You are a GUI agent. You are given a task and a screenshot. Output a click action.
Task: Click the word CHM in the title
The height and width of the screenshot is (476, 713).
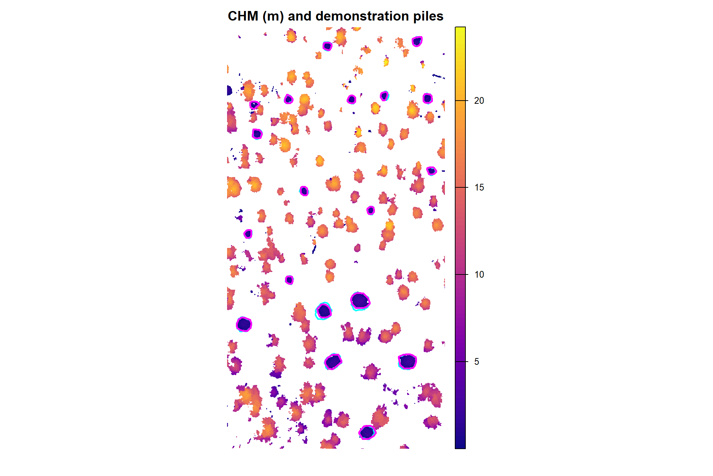(243, 16)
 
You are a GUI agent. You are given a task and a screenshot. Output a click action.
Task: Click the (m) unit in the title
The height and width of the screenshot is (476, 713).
(273, 16)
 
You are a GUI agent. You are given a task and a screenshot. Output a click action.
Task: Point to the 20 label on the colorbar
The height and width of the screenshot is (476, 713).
(479, 101)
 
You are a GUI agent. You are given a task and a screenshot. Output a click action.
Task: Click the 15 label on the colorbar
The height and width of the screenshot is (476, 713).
(479, 188)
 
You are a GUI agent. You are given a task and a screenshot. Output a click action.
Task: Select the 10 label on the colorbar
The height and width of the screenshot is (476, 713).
(479, 274)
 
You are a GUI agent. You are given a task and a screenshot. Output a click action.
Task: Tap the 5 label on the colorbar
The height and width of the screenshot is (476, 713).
(477, 362)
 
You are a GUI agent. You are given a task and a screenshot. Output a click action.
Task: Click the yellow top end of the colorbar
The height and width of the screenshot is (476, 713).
(460, 30)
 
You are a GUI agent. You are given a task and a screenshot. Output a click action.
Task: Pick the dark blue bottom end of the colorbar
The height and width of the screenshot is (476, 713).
(460, 446)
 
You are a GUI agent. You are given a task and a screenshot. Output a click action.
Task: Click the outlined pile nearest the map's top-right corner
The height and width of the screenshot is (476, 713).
(417, 41)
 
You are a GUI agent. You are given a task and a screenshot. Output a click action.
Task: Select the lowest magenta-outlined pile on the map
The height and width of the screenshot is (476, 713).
(367, 432)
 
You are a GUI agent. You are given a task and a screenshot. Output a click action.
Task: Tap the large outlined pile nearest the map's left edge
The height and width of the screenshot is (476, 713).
(244, 324)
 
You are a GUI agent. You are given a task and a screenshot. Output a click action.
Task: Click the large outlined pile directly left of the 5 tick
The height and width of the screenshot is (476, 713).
(407, 361)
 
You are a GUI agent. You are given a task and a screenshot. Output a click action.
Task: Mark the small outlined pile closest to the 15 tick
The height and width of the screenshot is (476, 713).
(431, 171)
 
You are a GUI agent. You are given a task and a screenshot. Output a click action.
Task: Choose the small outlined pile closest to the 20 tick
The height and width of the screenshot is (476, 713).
(428, 98)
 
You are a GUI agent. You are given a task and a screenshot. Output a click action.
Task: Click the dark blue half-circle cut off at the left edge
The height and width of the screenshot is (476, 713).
(229, 91)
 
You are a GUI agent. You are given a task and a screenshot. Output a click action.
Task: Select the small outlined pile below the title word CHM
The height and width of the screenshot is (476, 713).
(254, 105)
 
